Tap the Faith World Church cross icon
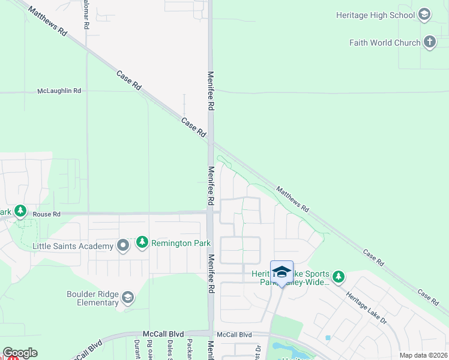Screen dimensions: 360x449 (x=429, y=43)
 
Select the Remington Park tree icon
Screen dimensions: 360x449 (x=142, y=243)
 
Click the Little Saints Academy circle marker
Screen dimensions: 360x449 (x=123, y=246)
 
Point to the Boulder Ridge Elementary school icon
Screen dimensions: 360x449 (x=127, y=298)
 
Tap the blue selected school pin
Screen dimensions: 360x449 (x=282, y=273)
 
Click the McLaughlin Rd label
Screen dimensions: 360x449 (x=59, y=91)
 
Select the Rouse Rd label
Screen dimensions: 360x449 (x=47, y=214)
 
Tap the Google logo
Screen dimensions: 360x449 (x=20, y=353)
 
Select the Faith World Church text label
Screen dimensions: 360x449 (x=385, y=43)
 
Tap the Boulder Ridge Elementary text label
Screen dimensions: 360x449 (x=93, y=298)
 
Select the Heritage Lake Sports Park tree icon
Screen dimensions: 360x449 (x=339, y=277)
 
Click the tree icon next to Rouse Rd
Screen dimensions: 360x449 (x=21, y=211)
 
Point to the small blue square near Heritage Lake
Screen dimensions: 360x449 (x=328, y=338)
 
